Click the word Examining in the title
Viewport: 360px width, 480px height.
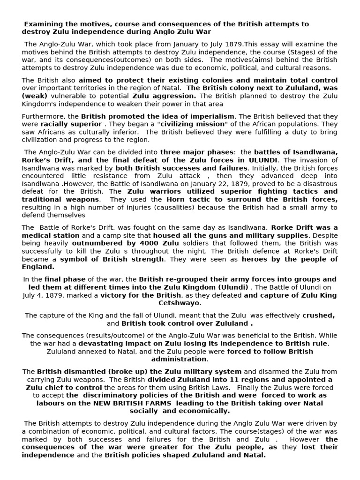[43, 24]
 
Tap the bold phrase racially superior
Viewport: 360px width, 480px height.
[71, 124]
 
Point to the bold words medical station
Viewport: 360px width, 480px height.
[51, 235]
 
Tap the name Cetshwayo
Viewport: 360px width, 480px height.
[180, 303]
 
